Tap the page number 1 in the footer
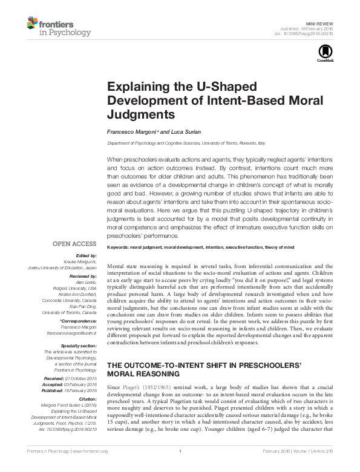pos(180,467)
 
